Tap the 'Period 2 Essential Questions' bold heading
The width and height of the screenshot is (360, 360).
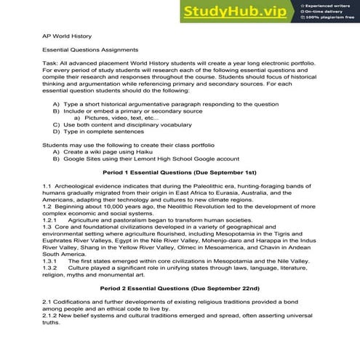click(180, 289)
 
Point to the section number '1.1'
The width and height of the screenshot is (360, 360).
click(48, 187)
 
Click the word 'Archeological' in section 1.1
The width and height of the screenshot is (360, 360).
click(80, 187)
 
